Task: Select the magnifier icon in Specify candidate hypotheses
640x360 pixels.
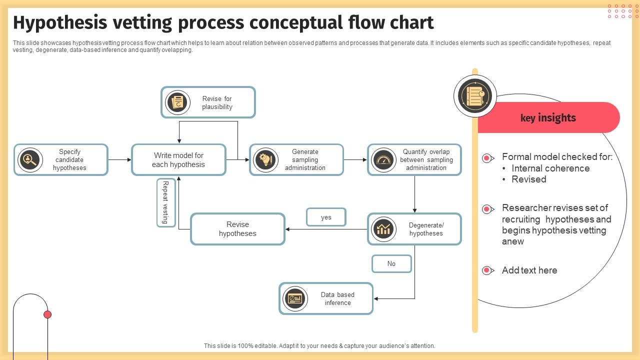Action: (x=30, y=160)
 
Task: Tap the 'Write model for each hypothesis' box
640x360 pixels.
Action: (x=178, y=160)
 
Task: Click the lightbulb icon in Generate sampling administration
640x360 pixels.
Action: (x=265, y=160)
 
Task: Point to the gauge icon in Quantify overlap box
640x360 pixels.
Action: (x=383, y=160)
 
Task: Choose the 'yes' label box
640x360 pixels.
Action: (x=326, y=217)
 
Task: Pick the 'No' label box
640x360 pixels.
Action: (x=391, y=264)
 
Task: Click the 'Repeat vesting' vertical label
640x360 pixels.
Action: (x=165, y=202)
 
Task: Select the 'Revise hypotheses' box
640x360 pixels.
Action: (x=237, y=229)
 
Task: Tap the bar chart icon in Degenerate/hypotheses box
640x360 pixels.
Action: (x=383, y=229)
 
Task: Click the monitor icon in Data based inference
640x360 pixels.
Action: (x=295, y=298)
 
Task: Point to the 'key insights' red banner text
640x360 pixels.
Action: (x=548, y=118)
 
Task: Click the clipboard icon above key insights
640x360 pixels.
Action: (x=475, y=96)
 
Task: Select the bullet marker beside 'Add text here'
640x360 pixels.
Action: (x=487, y=270)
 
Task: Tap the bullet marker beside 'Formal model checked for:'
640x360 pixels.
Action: (x=487, y=158)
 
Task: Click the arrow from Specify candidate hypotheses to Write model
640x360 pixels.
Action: (x=119, y=160)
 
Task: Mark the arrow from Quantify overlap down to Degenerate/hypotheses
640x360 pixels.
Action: (x=414, y=195)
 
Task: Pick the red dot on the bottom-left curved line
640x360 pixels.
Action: (x=47, y=314)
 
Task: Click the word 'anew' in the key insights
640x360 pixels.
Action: (x=513, y=241)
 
